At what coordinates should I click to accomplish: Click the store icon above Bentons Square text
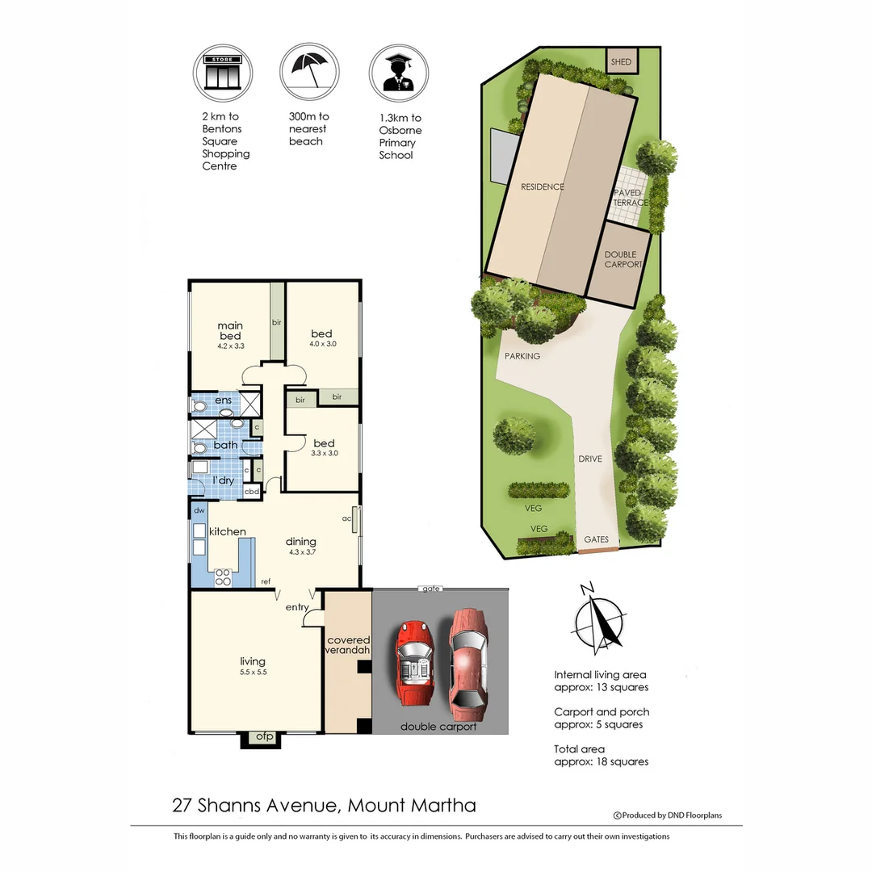coord(222,72)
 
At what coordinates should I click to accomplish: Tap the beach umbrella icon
coord(310,72)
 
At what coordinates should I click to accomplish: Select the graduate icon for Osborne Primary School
coord(399,72)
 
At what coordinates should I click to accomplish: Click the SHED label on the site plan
coord(621,62)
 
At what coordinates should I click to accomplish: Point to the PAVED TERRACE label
coord(629,198)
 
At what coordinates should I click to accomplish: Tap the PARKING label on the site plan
coord(522,356)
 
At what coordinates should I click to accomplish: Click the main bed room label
coord(230,331)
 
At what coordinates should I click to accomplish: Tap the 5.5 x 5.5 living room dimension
coord(253,672)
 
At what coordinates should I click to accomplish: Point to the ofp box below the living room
coord(263,737)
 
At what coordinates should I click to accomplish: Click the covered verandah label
coord(347,645)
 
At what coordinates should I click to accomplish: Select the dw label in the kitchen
coord(199,511)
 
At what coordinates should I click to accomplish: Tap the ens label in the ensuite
coord(223,400)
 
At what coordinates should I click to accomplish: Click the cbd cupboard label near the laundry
coord(252,490)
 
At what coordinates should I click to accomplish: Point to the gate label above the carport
coord(430,589)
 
